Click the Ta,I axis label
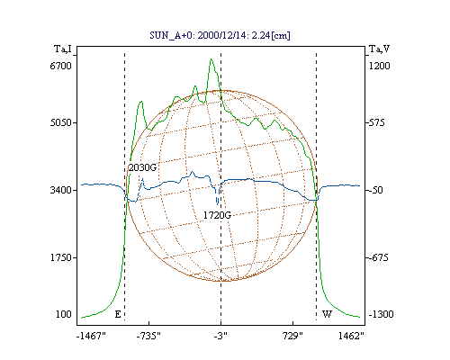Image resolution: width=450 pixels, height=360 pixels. coord(63,49)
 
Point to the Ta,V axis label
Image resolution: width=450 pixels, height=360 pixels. coord(379,49)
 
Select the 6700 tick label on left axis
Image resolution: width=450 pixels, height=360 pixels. coord(60,66)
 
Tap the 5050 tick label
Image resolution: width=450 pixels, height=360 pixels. coord(60,122)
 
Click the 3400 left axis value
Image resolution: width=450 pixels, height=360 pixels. coord(60,190)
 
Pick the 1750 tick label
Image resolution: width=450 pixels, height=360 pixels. coord(60,257)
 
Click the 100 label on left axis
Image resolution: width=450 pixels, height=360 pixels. coord(64,314)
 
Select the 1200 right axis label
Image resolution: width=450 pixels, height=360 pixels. coord(379,66)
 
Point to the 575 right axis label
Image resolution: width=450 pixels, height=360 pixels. coord(376,122)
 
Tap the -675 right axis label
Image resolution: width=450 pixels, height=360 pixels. coord(378,257)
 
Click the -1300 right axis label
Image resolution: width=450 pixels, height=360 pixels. coord(381,314)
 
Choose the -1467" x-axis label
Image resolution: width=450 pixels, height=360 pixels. coord(91,336)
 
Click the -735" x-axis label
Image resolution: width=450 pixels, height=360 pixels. coord(148,336)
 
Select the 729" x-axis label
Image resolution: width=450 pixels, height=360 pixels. coord(292,336)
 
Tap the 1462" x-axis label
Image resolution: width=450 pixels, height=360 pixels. coord(351,336)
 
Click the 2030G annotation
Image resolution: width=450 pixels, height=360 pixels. coord(142,167)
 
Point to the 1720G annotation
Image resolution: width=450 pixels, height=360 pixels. coord(217,215)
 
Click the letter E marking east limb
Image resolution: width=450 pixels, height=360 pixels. coord(118,314)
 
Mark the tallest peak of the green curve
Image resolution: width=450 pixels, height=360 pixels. coord(211,59)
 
